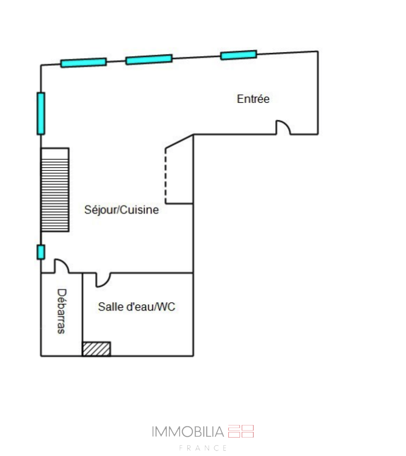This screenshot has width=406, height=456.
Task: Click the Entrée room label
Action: coord(253,99)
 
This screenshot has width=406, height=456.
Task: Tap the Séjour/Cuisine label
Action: coord(122,210)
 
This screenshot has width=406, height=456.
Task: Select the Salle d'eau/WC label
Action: coord(137,307)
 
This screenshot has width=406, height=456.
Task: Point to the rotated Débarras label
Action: coord(61,311)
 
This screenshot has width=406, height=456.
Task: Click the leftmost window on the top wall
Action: coord(83,63)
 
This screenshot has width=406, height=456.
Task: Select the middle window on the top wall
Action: coord(149,59)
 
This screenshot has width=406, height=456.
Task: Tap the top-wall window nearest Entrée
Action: coord(239,55)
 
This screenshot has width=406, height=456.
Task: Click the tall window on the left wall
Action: coord(41,113)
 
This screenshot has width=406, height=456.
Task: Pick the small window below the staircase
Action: coord(41,252)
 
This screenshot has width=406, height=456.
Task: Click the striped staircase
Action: coord(55,195)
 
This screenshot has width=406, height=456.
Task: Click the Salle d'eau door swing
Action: coord(103,280)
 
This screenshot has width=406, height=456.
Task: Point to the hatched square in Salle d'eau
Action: coord(96,349)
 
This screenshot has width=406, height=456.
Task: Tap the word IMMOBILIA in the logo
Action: coord(188,432)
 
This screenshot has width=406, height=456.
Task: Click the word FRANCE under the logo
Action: coord(203,448)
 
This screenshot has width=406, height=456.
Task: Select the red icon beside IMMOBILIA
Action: coord(241,431)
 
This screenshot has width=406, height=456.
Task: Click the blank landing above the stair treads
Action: coord(55,154)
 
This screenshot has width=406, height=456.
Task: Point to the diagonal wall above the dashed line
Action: coord(179,141)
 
